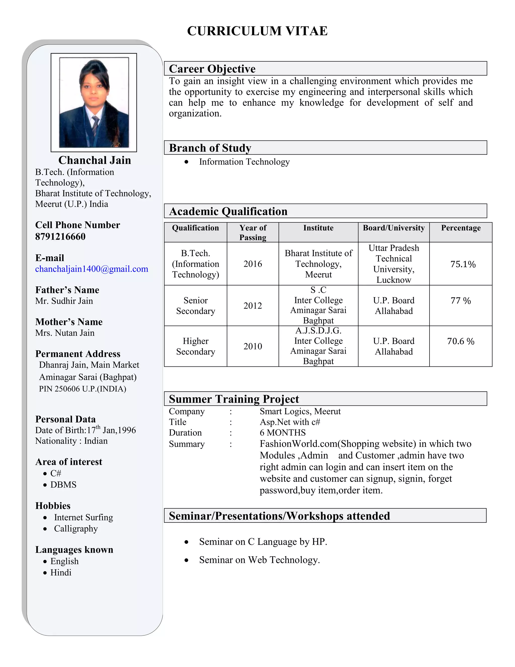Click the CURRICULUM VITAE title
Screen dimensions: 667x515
tap(257, 31)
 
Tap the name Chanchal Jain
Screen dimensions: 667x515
tap(95, 160)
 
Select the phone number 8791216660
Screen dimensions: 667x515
tap(60, 237)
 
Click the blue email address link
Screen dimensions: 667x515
tap(92, 269)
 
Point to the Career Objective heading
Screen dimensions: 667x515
tap(212, 69)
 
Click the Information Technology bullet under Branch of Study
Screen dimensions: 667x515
tap(244, 162)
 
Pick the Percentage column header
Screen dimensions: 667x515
tap(460, 228)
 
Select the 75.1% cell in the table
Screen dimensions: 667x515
tap(463, 264)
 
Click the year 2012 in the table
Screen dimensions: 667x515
tap(253, 306)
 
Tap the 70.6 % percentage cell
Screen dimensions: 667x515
tap(460, 342)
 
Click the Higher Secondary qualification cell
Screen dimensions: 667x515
tap(196, 346)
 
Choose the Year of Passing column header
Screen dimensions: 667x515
tap(253, 232)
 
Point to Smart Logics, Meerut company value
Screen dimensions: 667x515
tap(300, 411)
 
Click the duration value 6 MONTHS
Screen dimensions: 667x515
tap(282, 433)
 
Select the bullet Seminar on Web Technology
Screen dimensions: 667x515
tap(259, 560)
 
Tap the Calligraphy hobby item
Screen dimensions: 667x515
tap(76, 529)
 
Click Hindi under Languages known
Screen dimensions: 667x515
tap(61, 573)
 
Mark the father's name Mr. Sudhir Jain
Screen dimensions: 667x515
tap(64, 301)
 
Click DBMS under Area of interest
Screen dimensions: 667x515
tap(63, 485)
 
